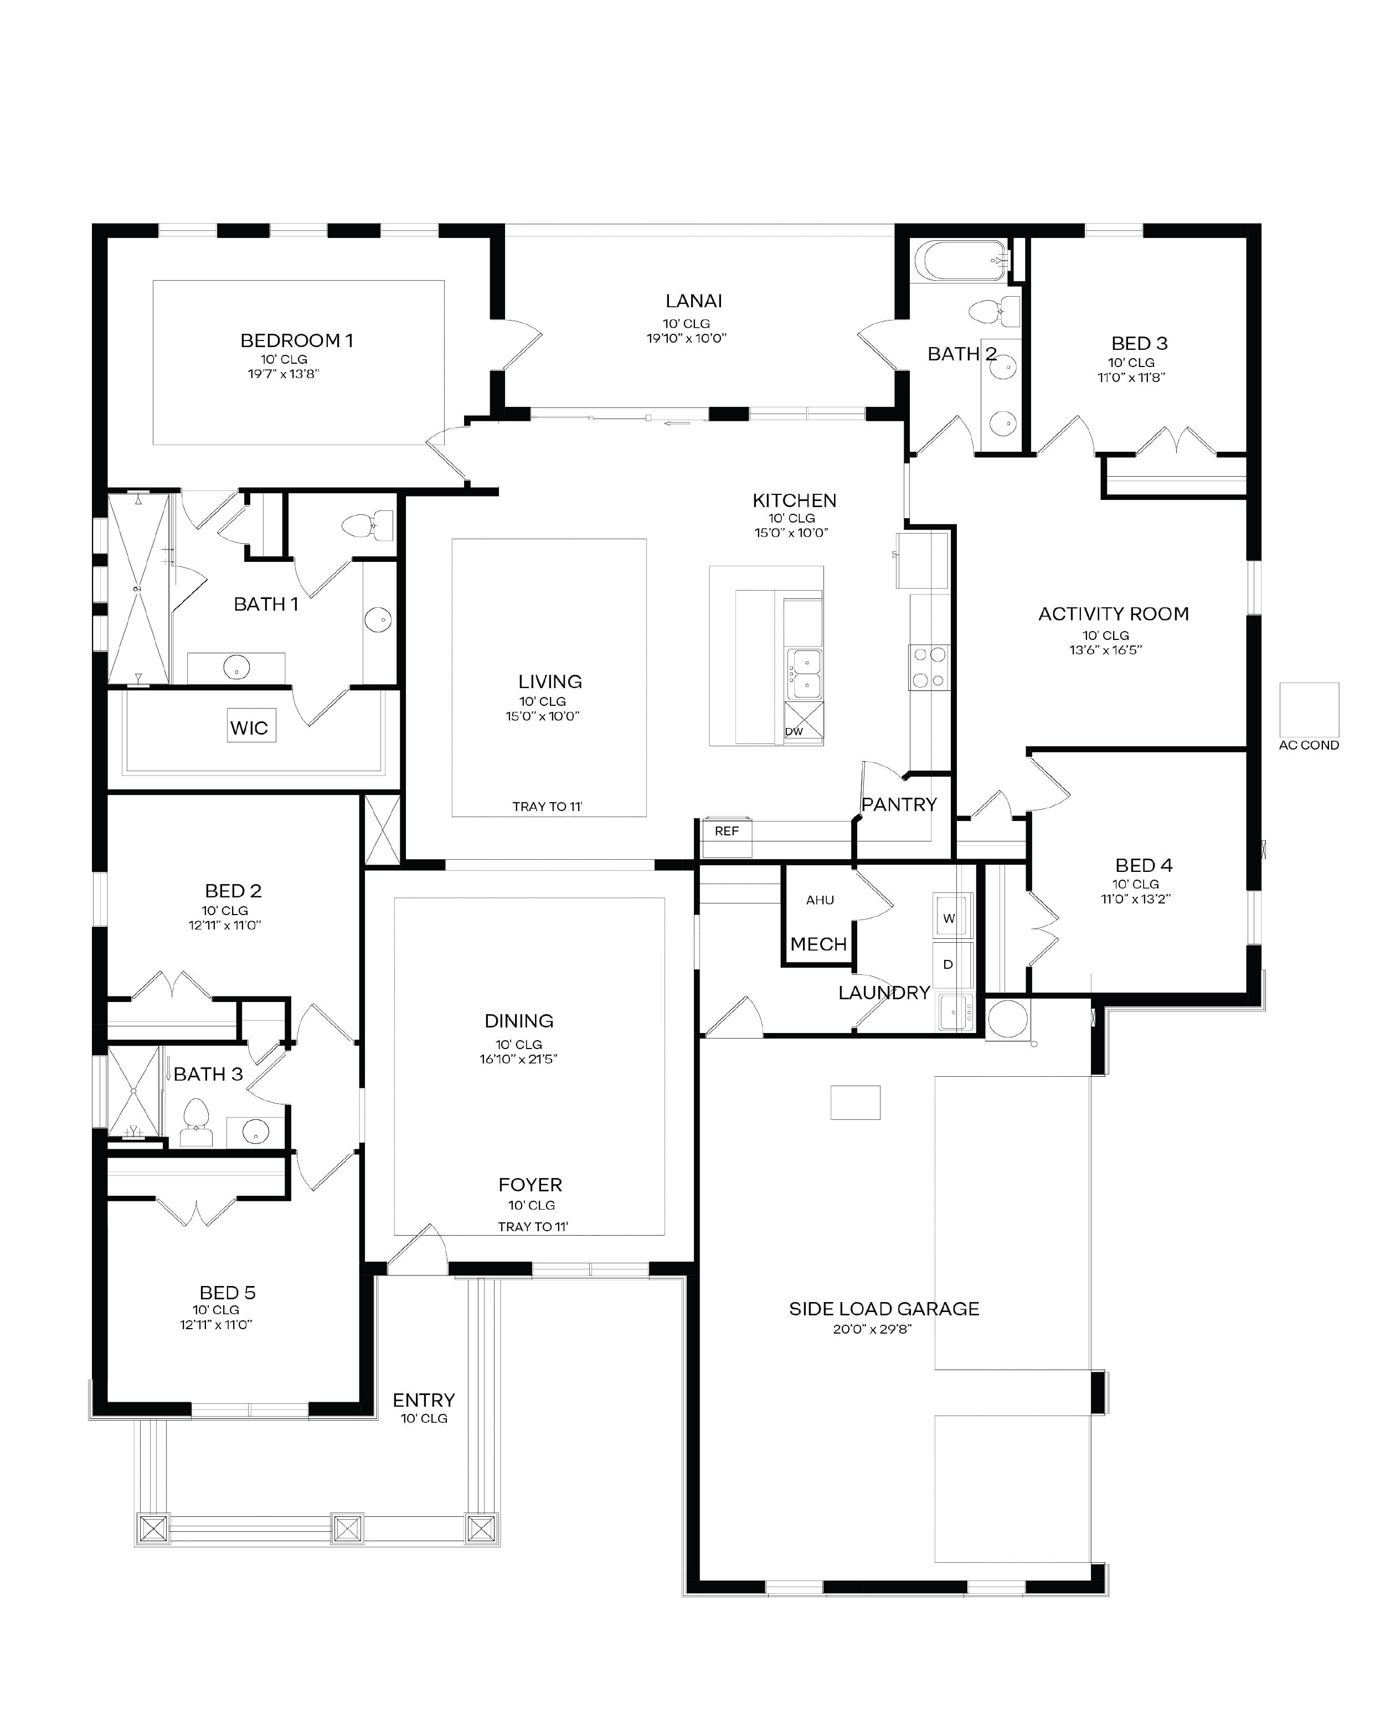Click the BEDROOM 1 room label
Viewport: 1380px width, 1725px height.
(x=296, y=341)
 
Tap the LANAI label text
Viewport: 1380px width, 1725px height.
(x=693, y=301)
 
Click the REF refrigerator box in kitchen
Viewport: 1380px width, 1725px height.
(x=727, y=832)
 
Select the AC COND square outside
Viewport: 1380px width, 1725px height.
(x=1309, y=710)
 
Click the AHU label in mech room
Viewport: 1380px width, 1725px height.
(x=820, y=900)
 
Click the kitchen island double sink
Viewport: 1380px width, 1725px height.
(x=803, y=673)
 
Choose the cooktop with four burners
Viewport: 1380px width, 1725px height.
(x=929, y=667)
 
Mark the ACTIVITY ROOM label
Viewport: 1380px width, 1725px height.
(x=1113, y=614)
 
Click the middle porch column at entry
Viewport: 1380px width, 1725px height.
(x=347, y=1529)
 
